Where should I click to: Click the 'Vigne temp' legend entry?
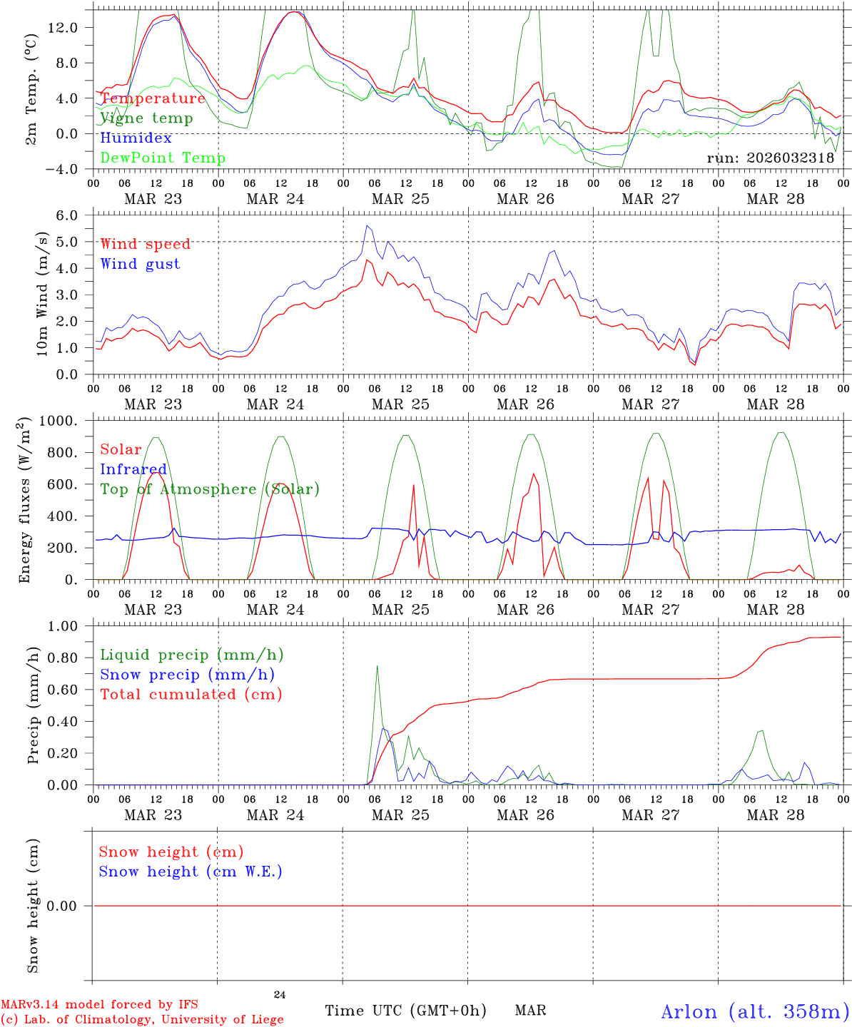(146, 118)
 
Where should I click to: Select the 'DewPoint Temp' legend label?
(163, 158)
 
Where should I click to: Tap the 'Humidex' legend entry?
(136, 138)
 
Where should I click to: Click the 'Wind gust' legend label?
(140, 264)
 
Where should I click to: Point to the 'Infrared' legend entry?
(133, 469)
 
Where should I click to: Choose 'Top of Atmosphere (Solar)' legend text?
(210, 489)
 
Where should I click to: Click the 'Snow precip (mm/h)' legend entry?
(187, 675)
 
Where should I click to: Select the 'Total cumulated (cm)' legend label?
(191, 694)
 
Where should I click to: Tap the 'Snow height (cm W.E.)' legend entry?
(191, 872)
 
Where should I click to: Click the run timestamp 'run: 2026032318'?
(770, 158)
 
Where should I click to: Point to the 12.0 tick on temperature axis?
(69, 27)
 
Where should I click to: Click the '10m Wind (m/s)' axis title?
(43, 294)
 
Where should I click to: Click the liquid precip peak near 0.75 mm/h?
(377, 665)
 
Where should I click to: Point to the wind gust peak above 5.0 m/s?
(367, 225)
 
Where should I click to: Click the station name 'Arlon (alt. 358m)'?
(755, 1011)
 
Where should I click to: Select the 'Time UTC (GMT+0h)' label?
(405, 1011)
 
